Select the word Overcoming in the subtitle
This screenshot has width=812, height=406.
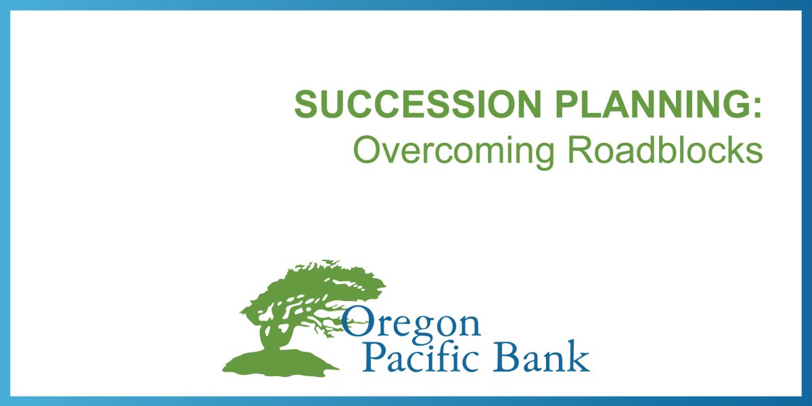coord(453,150)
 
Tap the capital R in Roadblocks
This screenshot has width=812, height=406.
coord(581,149)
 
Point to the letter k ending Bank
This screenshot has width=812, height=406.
coord(580,356)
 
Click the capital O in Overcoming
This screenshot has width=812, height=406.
coord(367,149)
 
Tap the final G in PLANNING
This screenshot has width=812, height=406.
coord(734,104)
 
